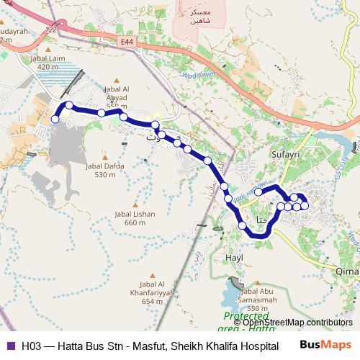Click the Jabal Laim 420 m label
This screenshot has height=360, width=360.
coord(47,63)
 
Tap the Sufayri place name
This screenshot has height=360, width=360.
coord(283,153)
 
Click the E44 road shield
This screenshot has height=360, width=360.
coord(127,42)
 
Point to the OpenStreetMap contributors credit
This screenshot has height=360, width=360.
coord(297,323)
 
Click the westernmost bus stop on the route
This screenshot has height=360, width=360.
coord(55,119)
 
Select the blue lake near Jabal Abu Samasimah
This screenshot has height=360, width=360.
coord(232,294)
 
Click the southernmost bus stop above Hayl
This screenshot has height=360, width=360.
coord(243,226)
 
